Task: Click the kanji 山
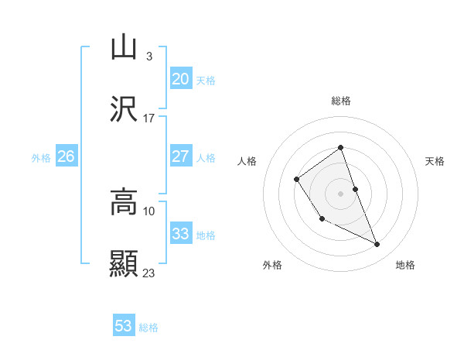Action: point(124,47)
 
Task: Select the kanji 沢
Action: point(124,110)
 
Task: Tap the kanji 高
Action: point(124,202)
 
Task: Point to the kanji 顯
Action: point(124,264)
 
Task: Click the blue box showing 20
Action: point(180,79)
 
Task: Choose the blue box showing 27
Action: point(180,156)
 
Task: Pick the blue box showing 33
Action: point(180,234)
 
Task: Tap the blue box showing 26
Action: point(66,156)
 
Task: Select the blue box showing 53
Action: point(124,326)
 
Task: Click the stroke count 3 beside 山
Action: point(148,56)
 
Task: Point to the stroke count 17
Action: point(148,118)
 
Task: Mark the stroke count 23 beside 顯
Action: point(148,273)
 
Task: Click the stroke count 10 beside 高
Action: point(148,211)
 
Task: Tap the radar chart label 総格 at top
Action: point(341,101)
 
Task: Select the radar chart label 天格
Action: point(435,161)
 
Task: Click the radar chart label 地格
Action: point(405,266)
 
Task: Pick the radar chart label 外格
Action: point(272,266)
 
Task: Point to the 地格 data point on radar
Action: point(377,245)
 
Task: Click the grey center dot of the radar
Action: point(340,193)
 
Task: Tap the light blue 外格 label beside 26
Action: point(41,157)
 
